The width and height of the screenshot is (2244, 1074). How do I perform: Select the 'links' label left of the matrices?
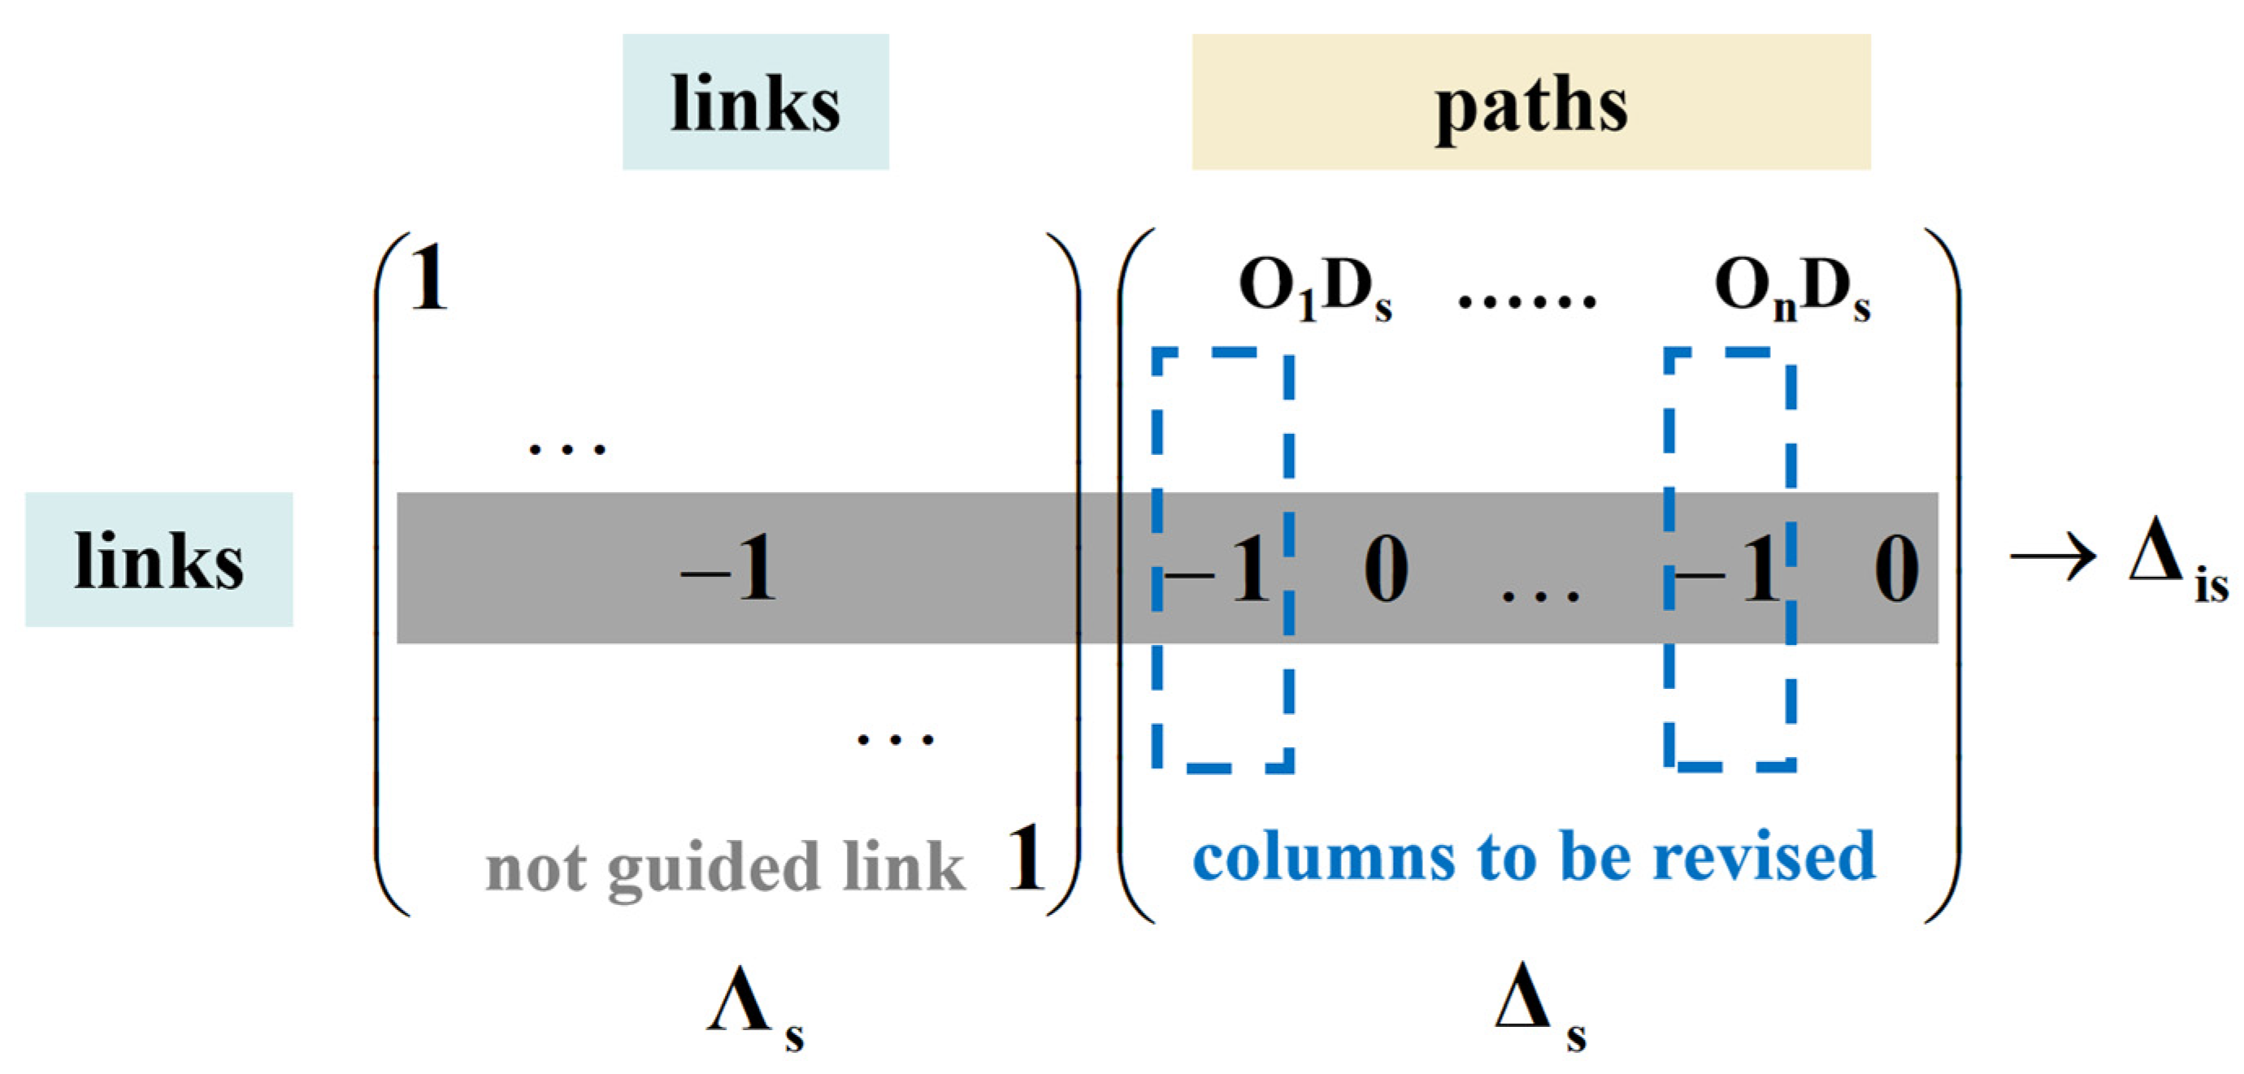coord(158,559)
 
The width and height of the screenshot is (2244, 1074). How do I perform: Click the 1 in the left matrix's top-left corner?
coord(428,279)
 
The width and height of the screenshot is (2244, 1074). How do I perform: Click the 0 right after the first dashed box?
coord(1385,569)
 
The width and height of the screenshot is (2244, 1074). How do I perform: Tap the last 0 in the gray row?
coord(1895,569)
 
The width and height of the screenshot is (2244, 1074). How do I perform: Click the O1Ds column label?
coord(1313,289)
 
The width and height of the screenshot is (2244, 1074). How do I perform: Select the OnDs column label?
coord(1791,289)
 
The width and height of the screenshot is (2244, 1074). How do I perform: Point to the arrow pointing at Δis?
coord(2052,557)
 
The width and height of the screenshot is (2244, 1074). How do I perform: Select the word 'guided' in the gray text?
coord(713,868)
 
